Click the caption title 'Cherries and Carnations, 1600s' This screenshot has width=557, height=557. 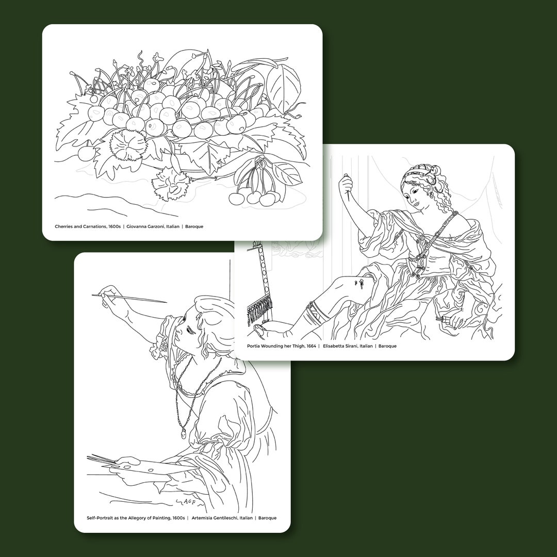pos(87,226)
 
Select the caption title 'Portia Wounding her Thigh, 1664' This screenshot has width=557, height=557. pos(281,346)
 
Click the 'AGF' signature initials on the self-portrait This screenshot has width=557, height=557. pos(190,501)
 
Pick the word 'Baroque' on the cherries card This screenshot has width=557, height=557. pos(195,226)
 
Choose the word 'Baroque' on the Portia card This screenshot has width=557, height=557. pos(387,346)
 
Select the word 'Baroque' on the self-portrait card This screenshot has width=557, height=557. pos(267,518)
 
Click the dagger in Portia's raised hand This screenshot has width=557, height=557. pos(348,190)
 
